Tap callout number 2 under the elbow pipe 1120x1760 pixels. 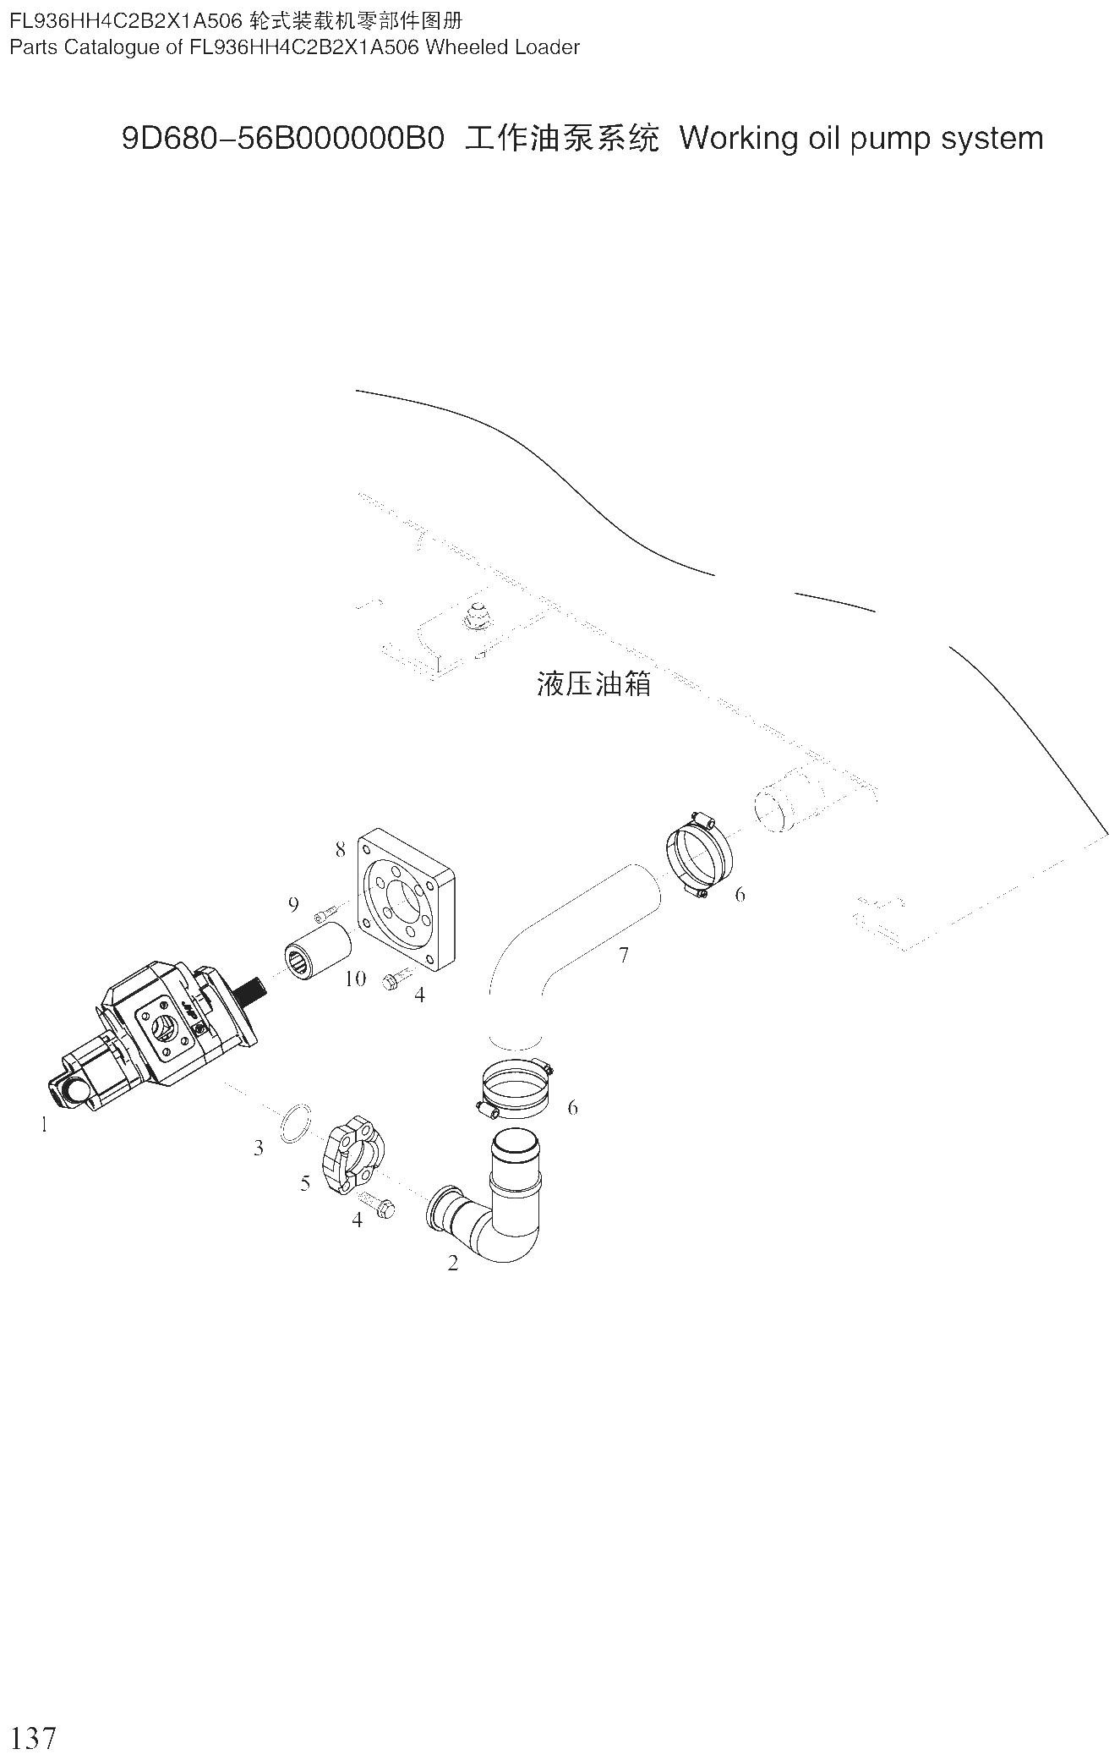pyautogui.click(x=453, y=1264)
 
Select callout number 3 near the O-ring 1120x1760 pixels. pyautogui.click(x=259, y=1148)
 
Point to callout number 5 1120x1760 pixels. pyautogui.click(x=305, y=1183)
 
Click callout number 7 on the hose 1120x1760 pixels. pyautogui.click(x=624, y=955)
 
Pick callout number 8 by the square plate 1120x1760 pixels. pyautogui.click(x=341, y=849)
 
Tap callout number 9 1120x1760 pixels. pyautogui.click(x=293, y=904)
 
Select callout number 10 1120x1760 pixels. pyautogui.click(x=356, y=979)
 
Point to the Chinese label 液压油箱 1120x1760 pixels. pyautogui.click(x=594, y=683)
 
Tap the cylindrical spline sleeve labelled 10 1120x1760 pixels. pyautogui.click(x=317, y=951)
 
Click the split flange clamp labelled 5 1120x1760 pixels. pyautogui.click(x=352, y=1157)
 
